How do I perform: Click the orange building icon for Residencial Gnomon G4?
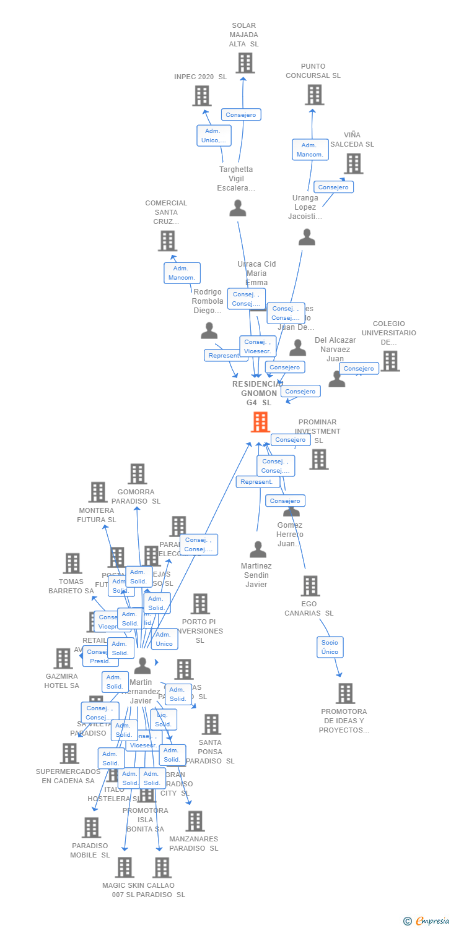pos(260,421)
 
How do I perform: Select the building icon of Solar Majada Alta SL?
pos(245,62)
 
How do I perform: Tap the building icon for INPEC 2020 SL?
pos(201,95)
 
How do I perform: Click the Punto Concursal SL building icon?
pos(314,94)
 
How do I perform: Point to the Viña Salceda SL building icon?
pos(353,163)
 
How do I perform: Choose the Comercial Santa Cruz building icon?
pos(167,241)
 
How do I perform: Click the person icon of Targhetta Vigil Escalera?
pos(238,208)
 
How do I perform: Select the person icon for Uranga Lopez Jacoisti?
pos(307,237)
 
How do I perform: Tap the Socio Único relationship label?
pos(330,647)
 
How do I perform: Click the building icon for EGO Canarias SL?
pos(310,585)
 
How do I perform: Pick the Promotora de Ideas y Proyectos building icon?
pos(345,693)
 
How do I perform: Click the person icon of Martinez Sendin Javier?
pos(258,549)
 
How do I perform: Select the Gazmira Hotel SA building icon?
pos(63,658)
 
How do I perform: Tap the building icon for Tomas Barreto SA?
pos(72,563)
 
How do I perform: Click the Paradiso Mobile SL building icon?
pos(91,827)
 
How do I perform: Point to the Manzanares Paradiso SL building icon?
pos(195,821)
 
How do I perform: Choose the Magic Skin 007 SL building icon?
pos(125,867)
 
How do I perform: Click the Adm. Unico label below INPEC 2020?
pos(214,135)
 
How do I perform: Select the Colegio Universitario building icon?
pos(390,361)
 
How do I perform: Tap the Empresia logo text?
pos(432,921)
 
